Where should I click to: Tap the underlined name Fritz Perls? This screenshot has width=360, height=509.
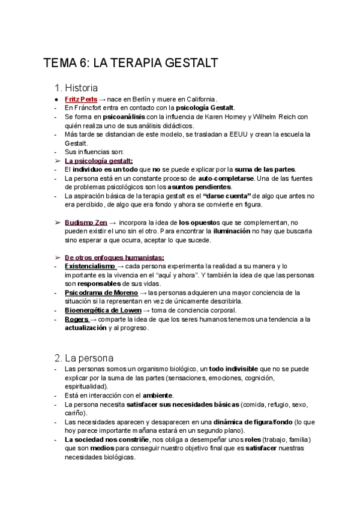tap(81, 99)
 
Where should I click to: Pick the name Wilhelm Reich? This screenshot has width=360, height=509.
tap(274, 116)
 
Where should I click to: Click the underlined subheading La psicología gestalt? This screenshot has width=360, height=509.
tap(98, 161)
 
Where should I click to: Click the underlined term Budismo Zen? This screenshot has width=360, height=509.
tap(86, 223)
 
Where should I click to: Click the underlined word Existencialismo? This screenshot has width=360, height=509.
tap(89, 266)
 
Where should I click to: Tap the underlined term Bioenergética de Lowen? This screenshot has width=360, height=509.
tap(103, 310)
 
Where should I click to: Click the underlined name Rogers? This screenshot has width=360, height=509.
tap(77, 319)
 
